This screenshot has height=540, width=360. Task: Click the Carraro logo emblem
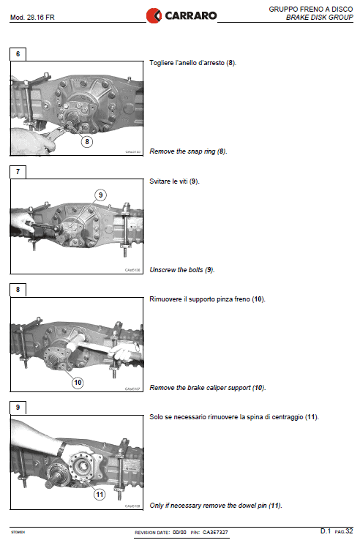pyautogui.click(x=154, y=14)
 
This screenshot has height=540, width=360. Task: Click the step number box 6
pyautogui.click(x=18, y=54)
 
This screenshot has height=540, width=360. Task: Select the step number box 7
pyautogui.click(x=18, y=172)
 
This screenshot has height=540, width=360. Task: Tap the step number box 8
pyautogui.click(x=18, y=290)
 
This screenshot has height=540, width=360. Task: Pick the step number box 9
pyautogui.click(x=18, y=408)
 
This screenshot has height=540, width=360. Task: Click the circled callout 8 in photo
pyautogui.click(x=87, y=142)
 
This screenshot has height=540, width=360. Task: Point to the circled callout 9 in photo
pyautogui.click(x=101, y=195)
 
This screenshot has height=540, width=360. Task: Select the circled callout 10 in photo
pyautogui.click(x=78, y=381)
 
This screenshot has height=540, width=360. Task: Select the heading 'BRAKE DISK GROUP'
pyautogui.click(x=320, y=17)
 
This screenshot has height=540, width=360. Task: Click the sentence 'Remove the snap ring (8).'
pyautogui.click(x=188, y=151)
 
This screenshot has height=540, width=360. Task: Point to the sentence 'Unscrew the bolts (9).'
pyautogui.click(x=182, y=269)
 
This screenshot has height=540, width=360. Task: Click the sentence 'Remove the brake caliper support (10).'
pyautogui.click(x=207, y=387)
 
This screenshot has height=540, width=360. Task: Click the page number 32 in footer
pyautogui.click(x=350, y=530)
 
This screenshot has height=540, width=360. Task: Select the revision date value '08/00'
pyautogui.click(x=180, y=531)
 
